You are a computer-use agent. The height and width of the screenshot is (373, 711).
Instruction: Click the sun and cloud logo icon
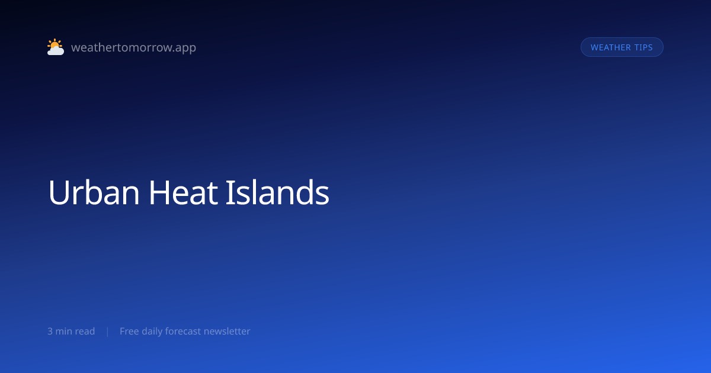pos(56,47)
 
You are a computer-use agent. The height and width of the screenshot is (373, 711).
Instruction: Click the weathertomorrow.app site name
pos(134,47)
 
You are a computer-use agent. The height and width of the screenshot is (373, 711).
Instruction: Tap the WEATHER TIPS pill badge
pos(622,47)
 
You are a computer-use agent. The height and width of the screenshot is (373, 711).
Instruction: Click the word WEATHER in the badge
pos(610,47)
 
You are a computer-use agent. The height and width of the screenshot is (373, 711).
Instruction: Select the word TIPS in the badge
pos(643,47)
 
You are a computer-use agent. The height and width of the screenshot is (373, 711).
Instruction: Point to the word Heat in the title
pos(183,192)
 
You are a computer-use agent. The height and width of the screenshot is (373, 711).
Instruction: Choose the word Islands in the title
pos(277,192)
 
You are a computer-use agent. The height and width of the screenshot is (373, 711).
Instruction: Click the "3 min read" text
pos(71,331)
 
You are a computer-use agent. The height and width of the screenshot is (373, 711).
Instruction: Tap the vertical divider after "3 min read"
pos(108,332)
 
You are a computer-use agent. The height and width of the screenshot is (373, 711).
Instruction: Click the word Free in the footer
pos(129,331)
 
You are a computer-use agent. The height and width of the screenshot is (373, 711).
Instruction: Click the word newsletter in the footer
pos(227,331)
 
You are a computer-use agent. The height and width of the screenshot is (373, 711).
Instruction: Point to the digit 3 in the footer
pos(50,331)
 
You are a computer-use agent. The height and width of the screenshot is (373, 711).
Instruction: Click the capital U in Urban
pos(59,193)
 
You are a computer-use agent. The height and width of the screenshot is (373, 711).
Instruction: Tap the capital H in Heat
pos(159,192)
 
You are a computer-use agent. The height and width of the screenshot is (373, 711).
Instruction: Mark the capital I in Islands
pos(230,192)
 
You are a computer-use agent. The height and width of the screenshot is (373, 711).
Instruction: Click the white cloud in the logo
pos(56,50)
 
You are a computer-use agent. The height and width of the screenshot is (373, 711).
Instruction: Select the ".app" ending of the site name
pos(185,48)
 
